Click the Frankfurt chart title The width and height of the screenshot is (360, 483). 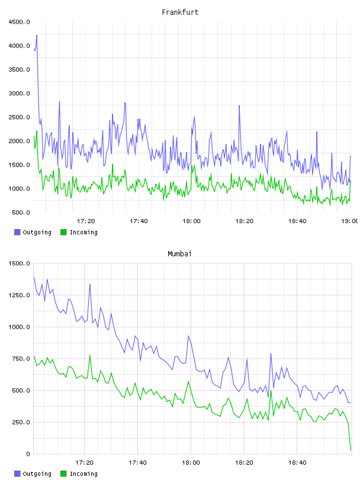tap(180, 12)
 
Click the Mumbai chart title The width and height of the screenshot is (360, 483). tap(179, 254)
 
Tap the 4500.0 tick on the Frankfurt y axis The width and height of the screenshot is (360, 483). tap(20, 22)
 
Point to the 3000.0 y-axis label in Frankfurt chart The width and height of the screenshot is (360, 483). tap(20, 94)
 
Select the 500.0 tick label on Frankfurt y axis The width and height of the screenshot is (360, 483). tap(21, 212)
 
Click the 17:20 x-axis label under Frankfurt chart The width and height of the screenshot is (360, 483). tap(86, 221)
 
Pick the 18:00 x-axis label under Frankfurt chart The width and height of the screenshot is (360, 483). tap(191, 221)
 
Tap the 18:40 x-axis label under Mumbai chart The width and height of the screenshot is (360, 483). tap(297, 462)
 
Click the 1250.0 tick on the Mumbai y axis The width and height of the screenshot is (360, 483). tap(20, 295)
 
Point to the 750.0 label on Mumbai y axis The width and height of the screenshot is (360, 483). tap(21, 359)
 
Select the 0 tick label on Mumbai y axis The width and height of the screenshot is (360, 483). tap(28, 454)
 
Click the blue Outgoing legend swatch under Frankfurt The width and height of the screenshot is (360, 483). tap(17, 232)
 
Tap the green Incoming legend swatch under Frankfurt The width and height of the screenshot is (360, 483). tap(63, 232)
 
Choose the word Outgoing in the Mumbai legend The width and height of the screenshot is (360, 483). tap(37, 474)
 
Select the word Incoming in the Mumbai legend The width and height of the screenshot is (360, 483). tap(83, 474)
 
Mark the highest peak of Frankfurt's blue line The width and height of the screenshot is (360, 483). tap(37, 35)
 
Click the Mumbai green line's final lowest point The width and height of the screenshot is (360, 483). tap(351, 450)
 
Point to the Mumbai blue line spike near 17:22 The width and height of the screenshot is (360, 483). tap(89, 284)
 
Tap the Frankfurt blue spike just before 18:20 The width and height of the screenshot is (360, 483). tap(239, 105)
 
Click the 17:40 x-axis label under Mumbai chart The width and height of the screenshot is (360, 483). tap(138, 462)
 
